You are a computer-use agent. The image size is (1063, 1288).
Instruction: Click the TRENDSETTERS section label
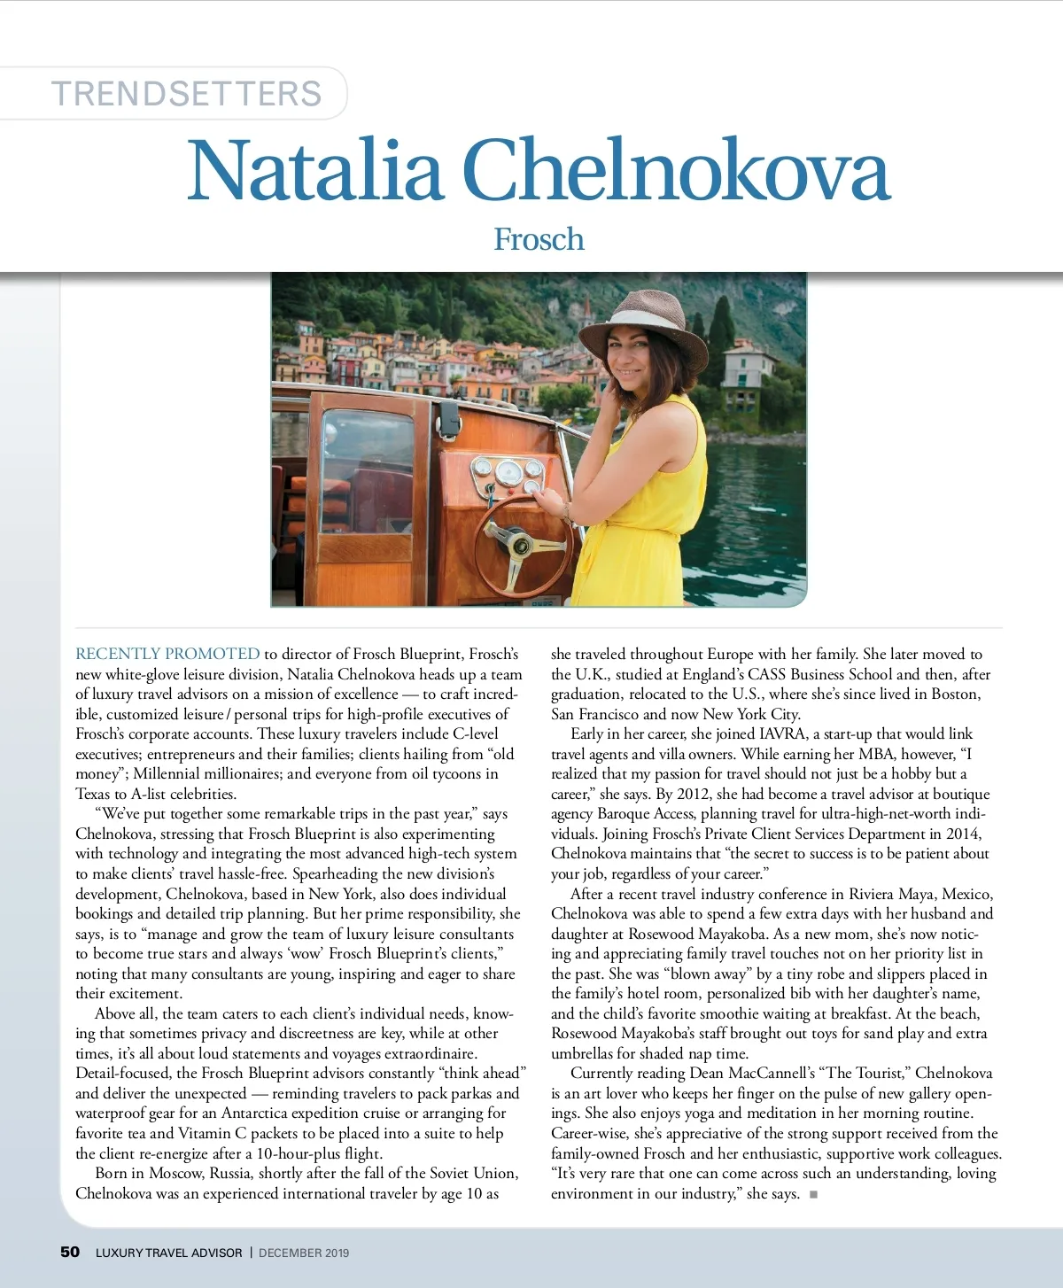point(186,94)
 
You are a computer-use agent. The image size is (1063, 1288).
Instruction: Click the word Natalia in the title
point(314,170)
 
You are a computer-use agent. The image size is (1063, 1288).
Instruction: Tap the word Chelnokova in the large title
point(675,170)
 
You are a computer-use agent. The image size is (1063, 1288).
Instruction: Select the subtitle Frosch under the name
point(539,239)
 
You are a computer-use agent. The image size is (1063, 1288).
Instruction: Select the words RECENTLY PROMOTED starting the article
point(167,654)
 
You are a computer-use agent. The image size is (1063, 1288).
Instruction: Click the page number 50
point(70,1252)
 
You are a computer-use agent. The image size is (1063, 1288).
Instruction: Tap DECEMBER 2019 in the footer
point(304,1253)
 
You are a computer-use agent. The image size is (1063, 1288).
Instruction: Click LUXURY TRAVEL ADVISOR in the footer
point(168,1253)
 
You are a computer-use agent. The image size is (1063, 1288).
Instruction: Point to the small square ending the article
point(813,1194)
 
